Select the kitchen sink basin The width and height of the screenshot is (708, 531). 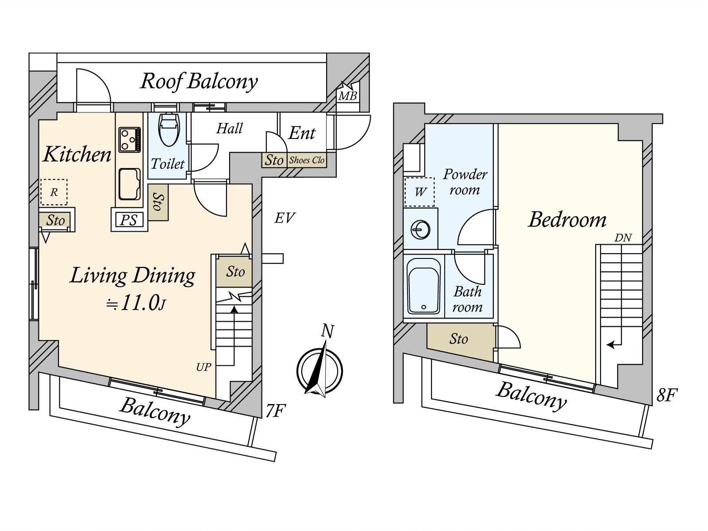[129, 184]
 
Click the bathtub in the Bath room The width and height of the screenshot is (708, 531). [423, 286]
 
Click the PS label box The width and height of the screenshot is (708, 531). [129, 220]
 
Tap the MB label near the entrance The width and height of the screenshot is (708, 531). [348, 96]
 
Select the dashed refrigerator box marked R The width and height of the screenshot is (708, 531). [54, 192]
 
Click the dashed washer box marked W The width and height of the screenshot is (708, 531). [420, 192]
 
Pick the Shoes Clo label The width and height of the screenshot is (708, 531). [307, 160]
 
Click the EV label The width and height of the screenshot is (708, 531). [285, 218]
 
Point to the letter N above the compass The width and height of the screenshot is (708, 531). [327, 331]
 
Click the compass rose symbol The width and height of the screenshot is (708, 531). [319, 371]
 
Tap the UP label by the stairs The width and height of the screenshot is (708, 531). [204, 367]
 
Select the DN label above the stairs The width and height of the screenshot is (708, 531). [623, 238]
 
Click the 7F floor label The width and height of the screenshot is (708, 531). [274, 411]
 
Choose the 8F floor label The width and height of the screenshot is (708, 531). [667, 395]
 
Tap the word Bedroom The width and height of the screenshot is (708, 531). [567, 219]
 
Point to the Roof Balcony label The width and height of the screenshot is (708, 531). [199, 81]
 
